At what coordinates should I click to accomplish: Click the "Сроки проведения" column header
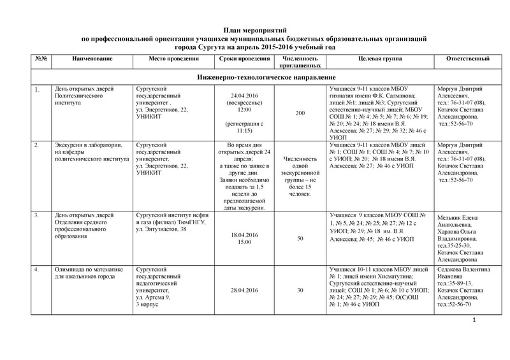click(240, 59)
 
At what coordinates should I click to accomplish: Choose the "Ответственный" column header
click(469, 59)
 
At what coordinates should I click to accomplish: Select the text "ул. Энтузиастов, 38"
click(159, 228)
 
